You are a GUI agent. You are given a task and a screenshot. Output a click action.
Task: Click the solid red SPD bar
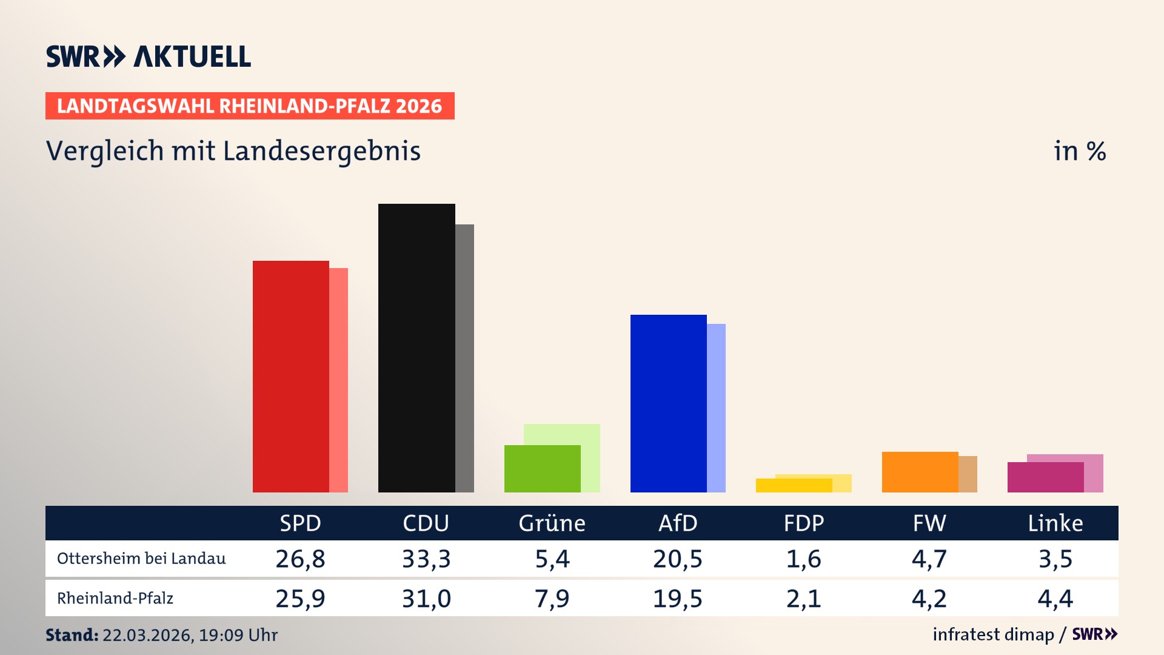point(291,376)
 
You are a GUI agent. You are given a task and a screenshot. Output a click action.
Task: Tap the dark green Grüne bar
point(542,469)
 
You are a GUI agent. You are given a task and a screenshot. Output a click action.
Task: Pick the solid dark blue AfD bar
point(668,403)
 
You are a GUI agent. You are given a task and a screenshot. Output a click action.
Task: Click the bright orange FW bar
point(920,472)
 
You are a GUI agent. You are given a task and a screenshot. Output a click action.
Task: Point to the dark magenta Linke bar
point(1045,477)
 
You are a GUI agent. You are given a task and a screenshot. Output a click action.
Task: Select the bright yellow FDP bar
point(794,485)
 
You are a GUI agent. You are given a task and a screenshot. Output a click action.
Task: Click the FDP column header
point(803,523)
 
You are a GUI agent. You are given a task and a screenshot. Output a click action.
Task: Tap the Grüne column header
point(552,523)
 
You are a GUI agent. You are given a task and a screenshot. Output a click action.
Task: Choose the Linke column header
point(1055,523)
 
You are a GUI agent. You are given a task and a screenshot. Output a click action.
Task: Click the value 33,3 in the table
point(426,559)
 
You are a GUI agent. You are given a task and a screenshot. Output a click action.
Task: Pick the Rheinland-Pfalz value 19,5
point(677,599)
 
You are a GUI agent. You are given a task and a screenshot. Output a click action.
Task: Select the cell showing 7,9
point(552,599)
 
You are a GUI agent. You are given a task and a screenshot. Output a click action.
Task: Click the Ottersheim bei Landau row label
point(141,559)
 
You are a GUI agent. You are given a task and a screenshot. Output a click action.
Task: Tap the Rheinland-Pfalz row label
point(115,599)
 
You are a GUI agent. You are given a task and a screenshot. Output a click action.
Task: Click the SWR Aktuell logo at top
point(148,56)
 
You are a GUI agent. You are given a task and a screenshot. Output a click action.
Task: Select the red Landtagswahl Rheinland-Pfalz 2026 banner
point(250,106)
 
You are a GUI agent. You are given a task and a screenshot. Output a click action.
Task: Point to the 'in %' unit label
point(1079,151)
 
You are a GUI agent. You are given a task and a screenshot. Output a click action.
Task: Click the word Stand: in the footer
point(72,635)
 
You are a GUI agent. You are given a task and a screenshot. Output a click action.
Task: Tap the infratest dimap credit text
point(993,634)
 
